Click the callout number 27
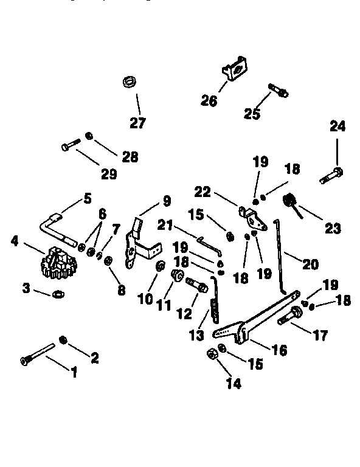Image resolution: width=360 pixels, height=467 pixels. [138, 123]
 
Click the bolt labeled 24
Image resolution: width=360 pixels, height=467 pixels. [331, 176]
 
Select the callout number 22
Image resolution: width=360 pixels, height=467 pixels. [202, 192]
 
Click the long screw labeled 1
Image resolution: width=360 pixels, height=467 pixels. [37, 355]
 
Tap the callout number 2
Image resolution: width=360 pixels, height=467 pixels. [94, 358]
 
